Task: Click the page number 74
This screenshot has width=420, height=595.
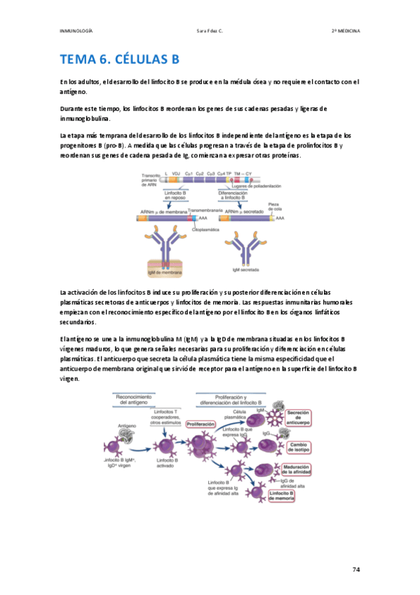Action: pyautogui.click(x=356, y=569)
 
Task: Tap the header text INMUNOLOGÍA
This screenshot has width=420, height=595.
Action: pyautogui.click(x=77, y=31)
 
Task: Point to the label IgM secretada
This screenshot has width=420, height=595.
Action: pyautogui.click(x=246, y=269)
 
